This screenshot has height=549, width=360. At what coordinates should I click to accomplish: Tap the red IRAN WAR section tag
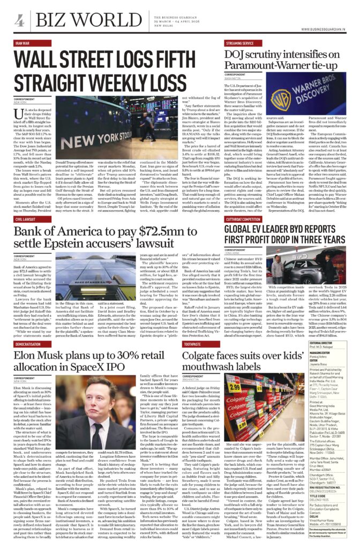[x=23, y=43]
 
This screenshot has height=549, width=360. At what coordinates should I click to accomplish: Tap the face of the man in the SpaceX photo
[x=110, y=393]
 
